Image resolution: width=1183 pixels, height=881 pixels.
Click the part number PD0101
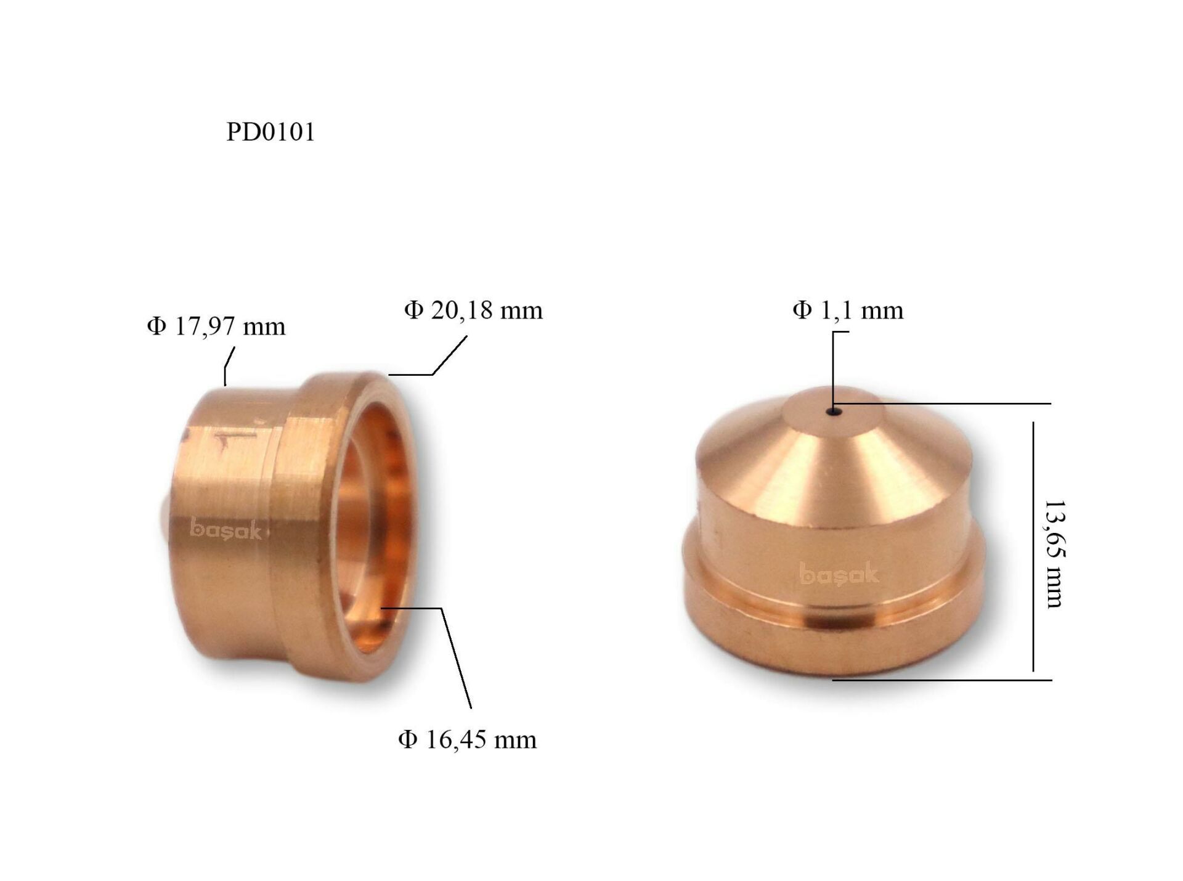(x=270, y=132)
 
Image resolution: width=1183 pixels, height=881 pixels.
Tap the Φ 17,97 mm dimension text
(x=216, y=326)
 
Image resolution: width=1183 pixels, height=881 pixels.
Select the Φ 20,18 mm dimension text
(x=473, y=310)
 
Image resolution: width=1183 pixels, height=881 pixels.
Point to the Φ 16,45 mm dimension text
(x=467, y=739)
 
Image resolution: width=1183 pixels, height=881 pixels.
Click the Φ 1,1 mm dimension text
(x=848, y=310)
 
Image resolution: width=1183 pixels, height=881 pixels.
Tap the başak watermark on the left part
(x=226, y=529)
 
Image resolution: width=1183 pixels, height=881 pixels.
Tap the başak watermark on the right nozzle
(x=839, y=574)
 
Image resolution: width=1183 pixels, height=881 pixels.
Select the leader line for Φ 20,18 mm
(x=449, y=356)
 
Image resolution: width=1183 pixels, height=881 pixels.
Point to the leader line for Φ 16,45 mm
(x=456, y=656)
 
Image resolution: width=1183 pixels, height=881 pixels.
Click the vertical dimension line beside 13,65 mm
(x=1033, y=545)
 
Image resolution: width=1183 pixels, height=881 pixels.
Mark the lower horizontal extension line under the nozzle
(x=943, y=680)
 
